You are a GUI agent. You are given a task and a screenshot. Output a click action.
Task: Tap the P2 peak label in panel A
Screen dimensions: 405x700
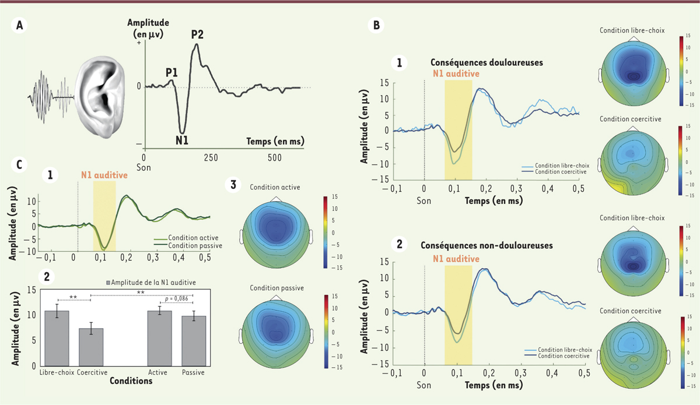(198, 34)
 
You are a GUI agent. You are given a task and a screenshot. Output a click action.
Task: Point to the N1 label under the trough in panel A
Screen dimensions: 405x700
(181, 140)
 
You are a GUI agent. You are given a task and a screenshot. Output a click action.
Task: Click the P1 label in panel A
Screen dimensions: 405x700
(171, 72)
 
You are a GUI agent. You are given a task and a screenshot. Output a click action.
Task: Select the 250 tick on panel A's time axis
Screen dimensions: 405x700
(211, 158)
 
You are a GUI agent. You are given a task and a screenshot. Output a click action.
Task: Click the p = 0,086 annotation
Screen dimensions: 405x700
(178, 298)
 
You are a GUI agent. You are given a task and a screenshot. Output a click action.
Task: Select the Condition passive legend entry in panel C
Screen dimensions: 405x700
(192, 246)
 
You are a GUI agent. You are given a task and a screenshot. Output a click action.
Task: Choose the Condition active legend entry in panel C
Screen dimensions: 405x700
(190, 238)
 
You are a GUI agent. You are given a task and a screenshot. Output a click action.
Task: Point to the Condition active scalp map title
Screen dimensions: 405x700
(275, 186)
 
